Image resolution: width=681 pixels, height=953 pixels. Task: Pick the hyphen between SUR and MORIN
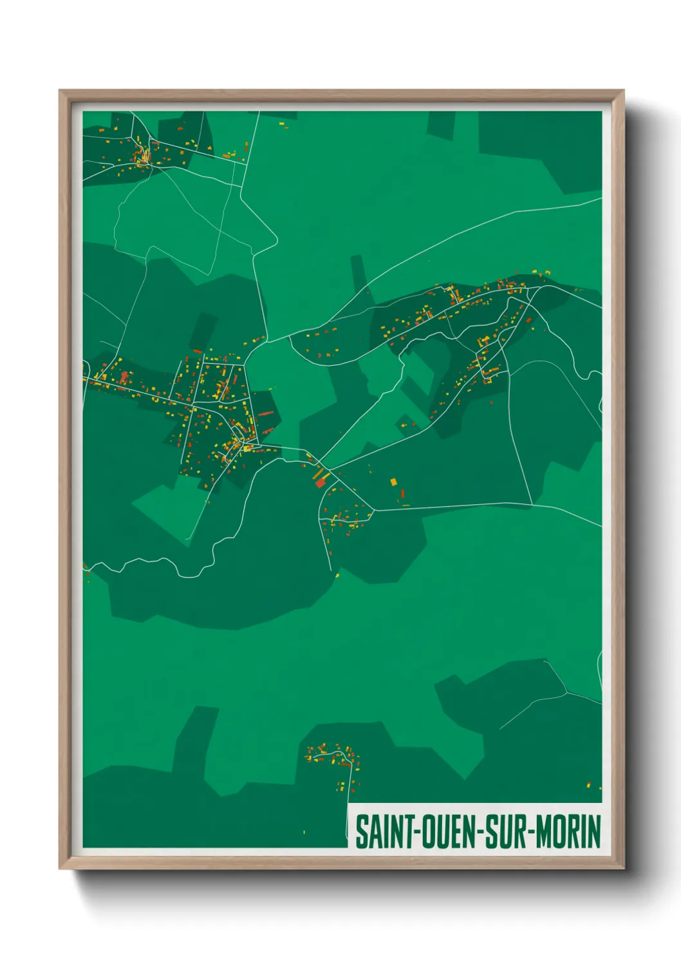531,832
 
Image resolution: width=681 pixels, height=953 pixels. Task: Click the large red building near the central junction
321,482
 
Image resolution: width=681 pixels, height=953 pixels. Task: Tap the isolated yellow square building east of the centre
393,481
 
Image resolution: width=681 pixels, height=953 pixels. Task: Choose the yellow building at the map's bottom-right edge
589,784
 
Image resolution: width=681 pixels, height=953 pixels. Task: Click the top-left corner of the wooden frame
60,91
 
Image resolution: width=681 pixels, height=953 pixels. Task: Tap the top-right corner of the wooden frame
623,91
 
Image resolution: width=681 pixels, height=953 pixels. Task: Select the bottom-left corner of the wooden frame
60,868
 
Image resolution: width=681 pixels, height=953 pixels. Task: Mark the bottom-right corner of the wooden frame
623,868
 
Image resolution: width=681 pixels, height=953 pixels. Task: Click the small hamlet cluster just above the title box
331,757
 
